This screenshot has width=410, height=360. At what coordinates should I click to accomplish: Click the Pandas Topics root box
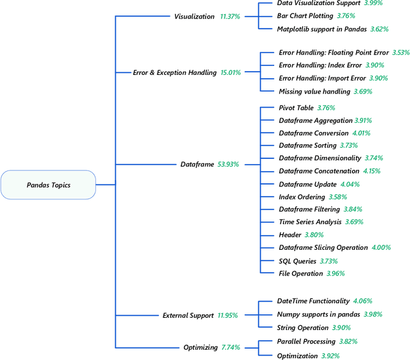(49, 185)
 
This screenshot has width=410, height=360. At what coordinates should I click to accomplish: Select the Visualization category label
(195, 16)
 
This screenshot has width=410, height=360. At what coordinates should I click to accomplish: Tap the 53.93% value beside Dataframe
(228, 165)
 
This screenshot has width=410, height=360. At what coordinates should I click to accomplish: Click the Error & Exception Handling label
(174, 73)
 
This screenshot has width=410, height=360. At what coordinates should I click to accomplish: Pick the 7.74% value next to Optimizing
(231, 347)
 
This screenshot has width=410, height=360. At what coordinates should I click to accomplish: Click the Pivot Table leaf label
(296, 108)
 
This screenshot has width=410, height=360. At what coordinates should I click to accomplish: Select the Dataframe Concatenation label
(318, 171)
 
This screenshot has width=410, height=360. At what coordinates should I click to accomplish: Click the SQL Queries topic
(297, 261)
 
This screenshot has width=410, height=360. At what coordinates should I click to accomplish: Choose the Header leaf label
(290, 235)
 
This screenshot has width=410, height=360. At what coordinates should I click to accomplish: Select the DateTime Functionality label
(313, 300)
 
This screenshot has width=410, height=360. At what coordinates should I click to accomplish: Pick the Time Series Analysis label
(310, 222)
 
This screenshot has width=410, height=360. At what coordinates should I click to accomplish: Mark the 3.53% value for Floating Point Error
(401, 53)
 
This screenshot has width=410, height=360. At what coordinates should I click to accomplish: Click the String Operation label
(303, 327)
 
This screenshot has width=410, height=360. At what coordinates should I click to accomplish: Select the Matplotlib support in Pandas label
(322, 29)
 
